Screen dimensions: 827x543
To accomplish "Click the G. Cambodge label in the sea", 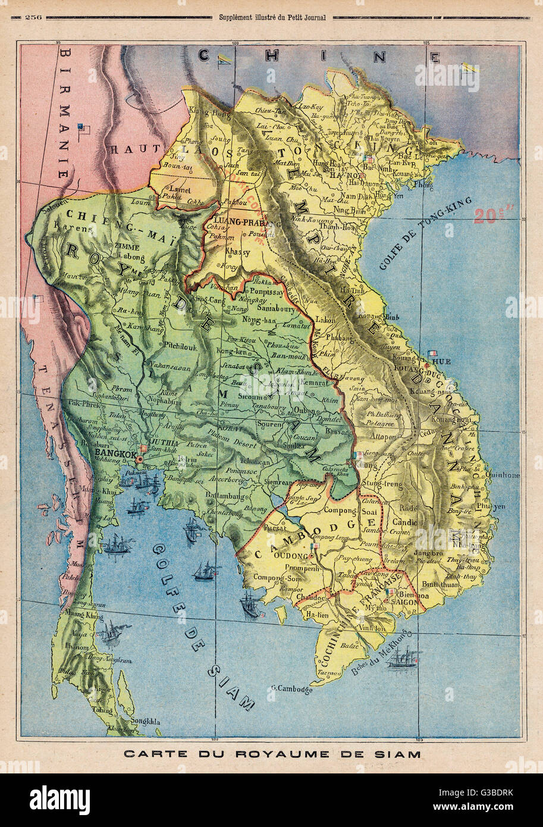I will [291, 690].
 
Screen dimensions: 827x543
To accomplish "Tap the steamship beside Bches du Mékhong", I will [403, 659].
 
